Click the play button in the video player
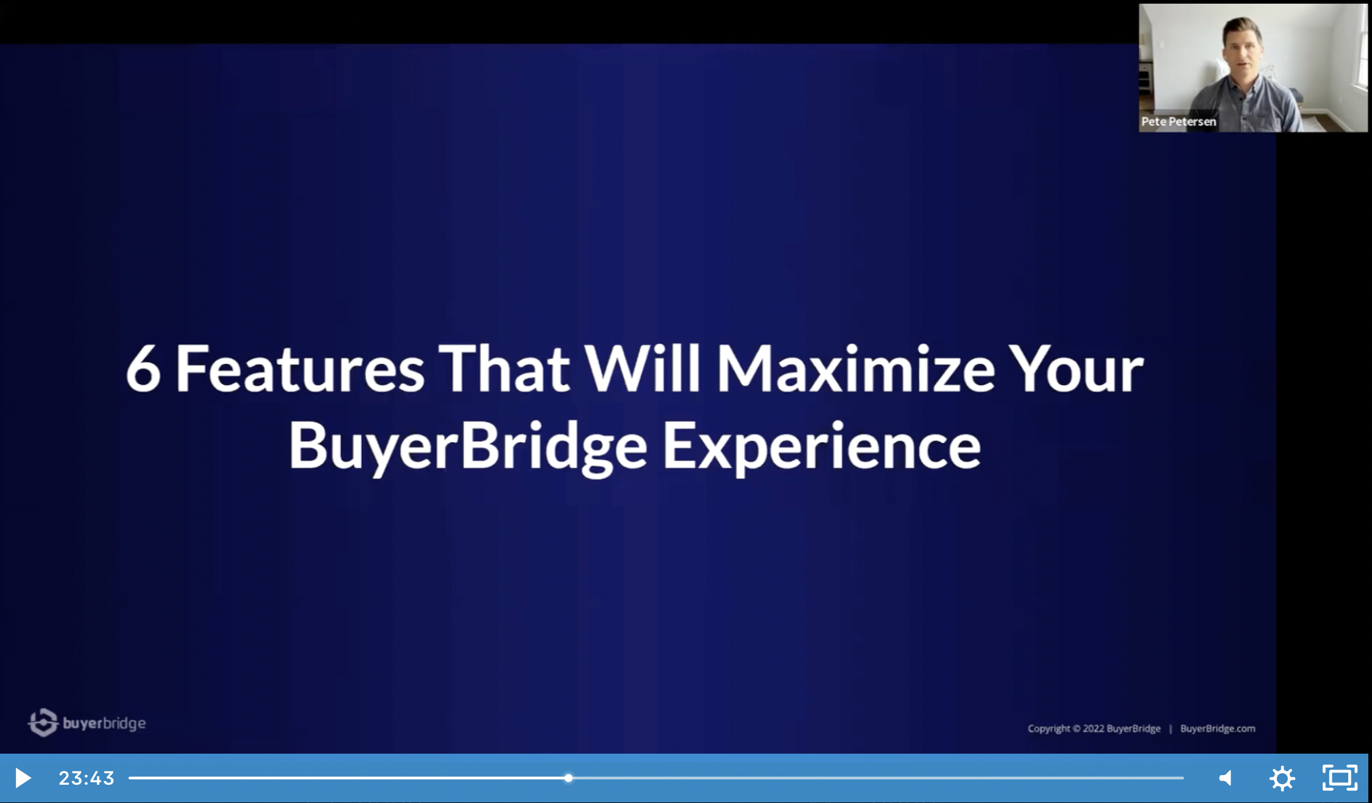pos(23,778)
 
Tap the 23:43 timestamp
pos(87,778)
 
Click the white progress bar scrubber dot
pos(568,778)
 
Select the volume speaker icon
pos(1225,778)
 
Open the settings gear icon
pos(1282,778)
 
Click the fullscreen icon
pos(1340,777)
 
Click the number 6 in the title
pos(143,369)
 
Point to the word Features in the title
pos(300,369)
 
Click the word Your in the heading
pos(1076,369)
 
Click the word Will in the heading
pos(643,369)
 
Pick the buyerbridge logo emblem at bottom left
pos(43,723)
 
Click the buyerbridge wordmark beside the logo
pos(104,723)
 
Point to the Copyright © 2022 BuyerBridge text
pos(1094,728)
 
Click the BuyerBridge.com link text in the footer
pos(1217,728)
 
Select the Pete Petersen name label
pos(1178,121)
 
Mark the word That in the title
pos(504,369)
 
